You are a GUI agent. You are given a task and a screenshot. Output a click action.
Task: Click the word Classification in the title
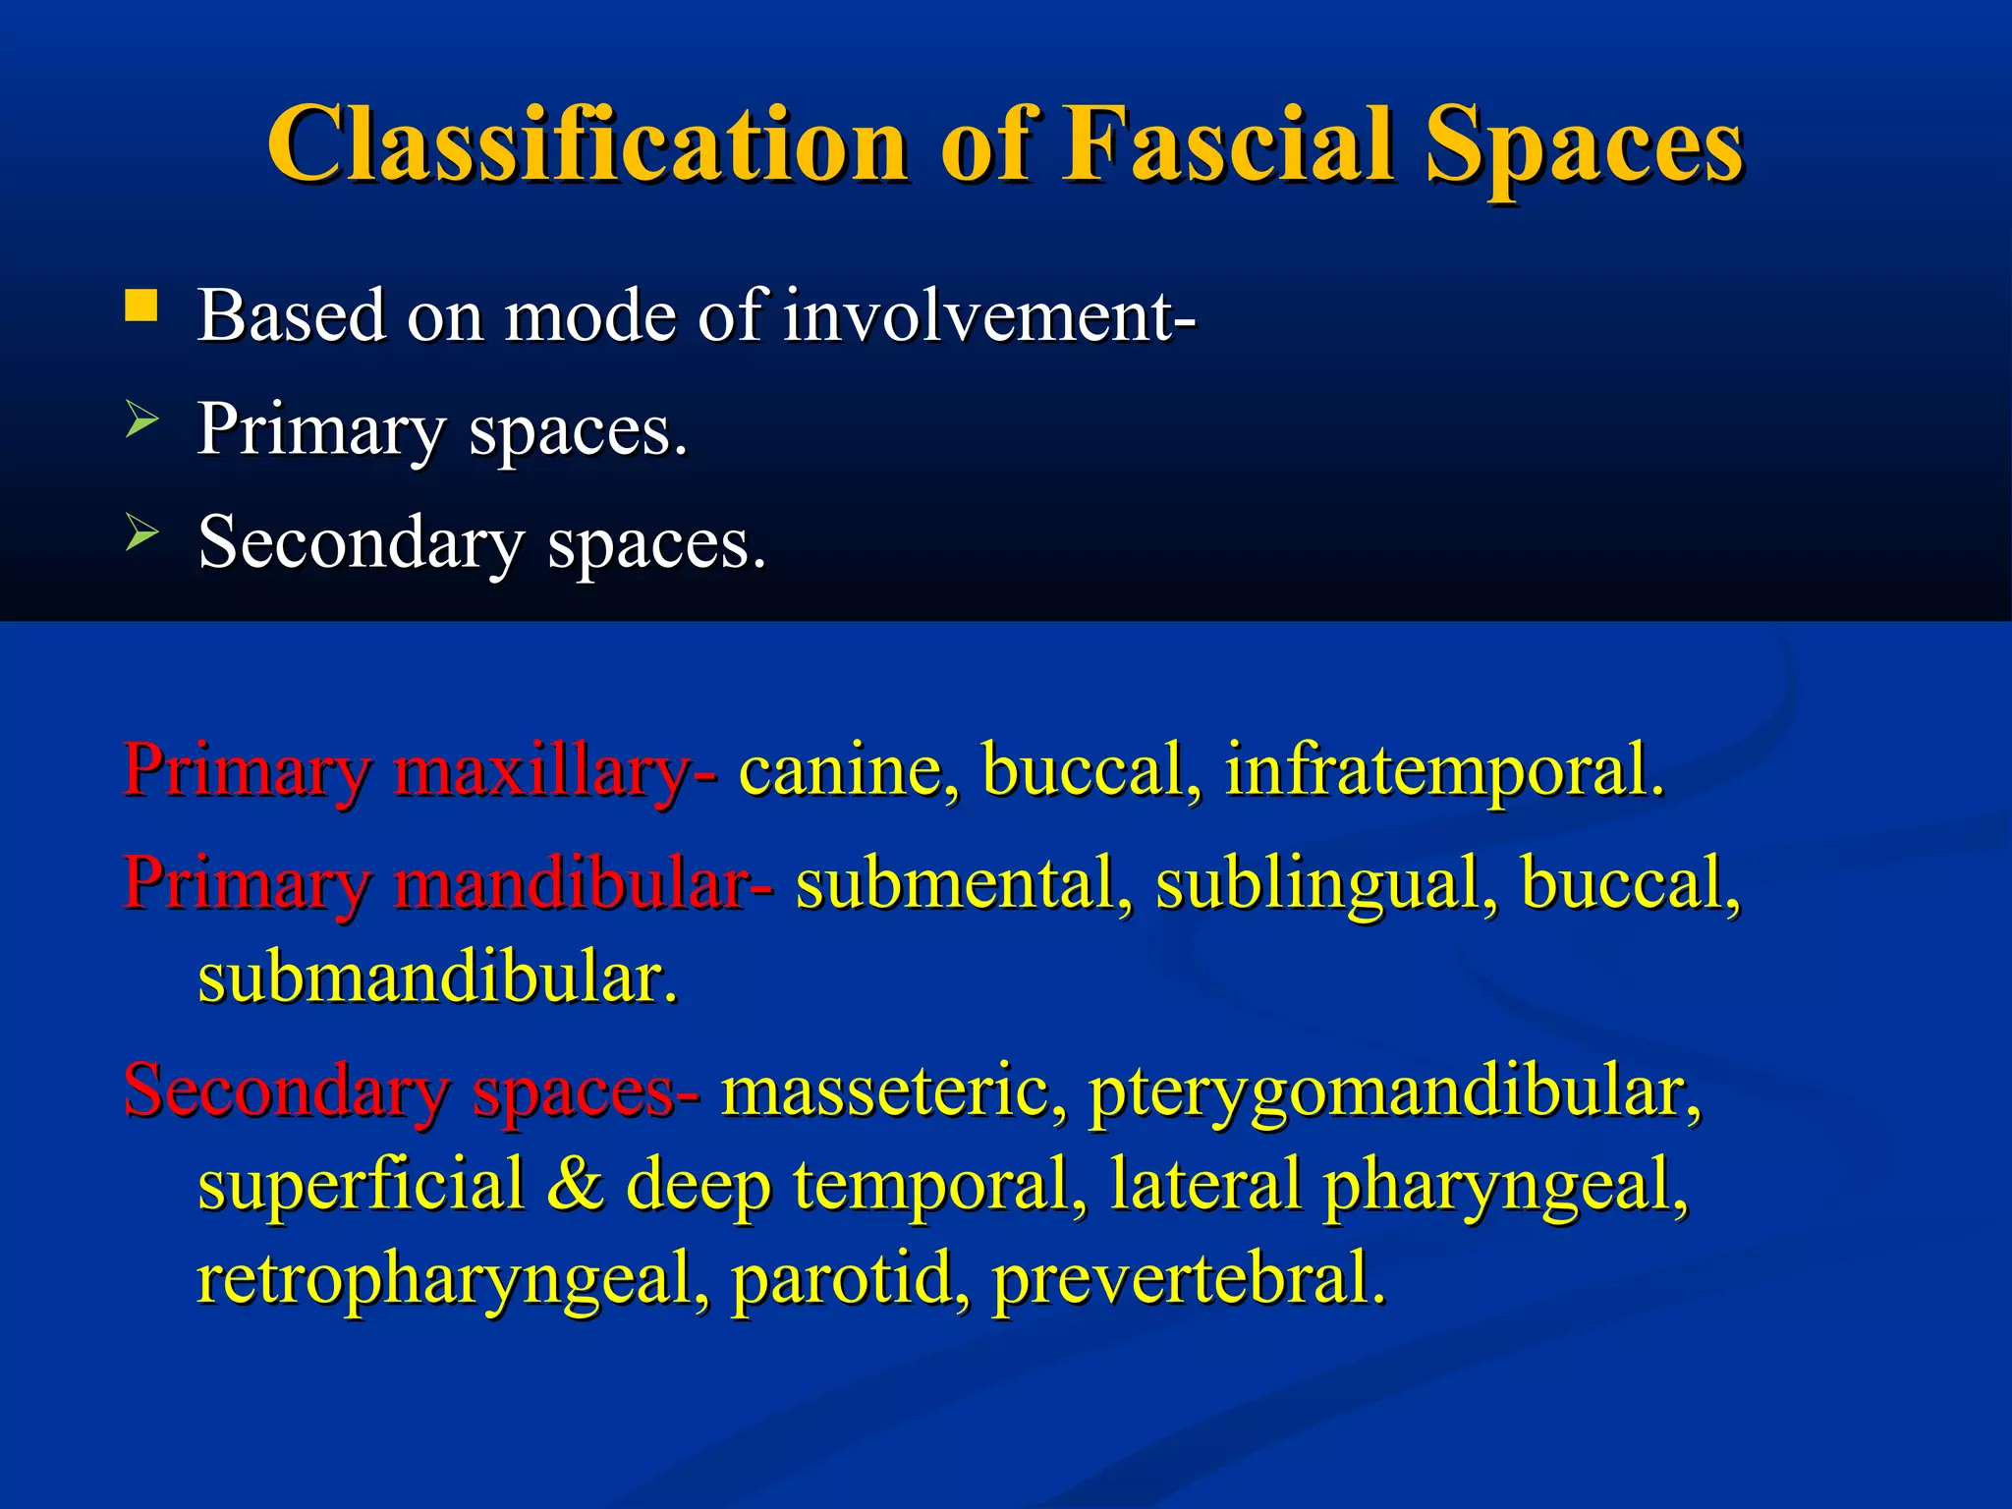coord(587,145)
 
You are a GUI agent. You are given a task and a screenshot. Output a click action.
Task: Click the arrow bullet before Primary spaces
coord(141,421)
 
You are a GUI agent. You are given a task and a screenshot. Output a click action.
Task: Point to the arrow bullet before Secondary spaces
coord(141,535)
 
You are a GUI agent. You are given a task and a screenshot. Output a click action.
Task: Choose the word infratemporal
coord(1444,771)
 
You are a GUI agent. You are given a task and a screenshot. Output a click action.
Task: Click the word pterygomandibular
coord(1395,1092)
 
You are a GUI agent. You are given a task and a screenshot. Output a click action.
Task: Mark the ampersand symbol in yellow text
coord(575,1185)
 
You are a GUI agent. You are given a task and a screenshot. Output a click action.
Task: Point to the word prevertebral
coord(1189,1279)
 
